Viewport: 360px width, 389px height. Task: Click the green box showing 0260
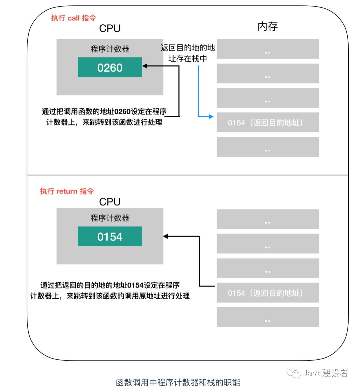point(110,67)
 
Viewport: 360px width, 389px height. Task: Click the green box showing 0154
point(110,237)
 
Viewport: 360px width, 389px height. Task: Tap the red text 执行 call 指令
point(73,18)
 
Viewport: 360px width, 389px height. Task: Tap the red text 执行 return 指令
point(67,191)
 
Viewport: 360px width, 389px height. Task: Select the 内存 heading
point(267,27)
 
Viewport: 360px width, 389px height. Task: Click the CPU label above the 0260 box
point(110,29)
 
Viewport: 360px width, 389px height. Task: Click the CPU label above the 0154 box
point(110,202)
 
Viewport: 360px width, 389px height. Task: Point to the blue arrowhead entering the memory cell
point(211,116)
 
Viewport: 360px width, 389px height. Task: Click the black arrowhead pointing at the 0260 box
point(145,66)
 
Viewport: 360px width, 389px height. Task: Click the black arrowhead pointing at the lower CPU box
point(166,237)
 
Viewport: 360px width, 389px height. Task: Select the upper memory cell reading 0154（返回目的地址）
point(268,122)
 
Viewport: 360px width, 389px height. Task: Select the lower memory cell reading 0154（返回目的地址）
point(268,293)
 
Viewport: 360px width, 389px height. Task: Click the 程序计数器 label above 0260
point(110,49)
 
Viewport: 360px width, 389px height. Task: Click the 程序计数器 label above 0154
point(110,218)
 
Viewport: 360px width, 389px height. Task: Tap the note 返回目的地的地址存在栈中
point(188,53)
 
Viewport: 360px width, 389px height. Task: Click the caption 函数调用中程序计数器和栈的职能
point(178,382)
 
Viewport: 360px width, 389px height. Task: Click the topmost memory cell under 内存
point(268,49)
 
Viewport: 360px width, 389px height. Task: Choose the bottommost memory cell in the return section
point(268,317)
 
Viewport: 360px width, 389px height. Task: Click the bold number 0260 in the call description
point(122,111)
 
